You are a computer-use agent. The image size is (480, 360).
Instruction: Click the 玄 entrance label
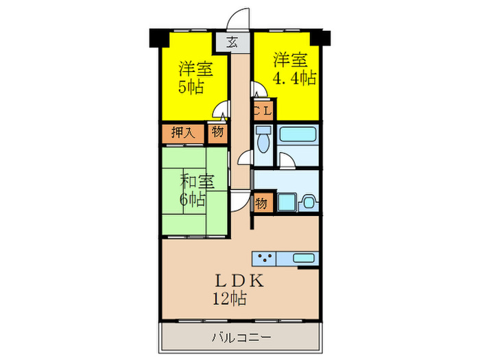pyautogui.click(x=232, y=42)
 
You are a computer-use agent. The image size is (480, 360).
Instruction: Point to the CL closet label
pyautogui.click(x=263, y=109)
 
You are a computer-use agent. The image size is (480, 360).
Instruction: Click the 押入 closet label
pyautogui.click(x=182, y=133)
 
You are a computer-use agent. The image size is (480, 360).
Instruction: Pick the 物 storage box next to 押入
pyautogui.click(x=217, y=133)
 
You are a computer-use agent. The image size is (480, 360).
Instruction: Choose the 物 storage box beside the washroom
pyautogui.click(x=262, y=204)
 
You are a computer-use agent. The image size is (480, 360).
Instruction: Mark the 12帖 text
pyautogui.click(x=229, y=299)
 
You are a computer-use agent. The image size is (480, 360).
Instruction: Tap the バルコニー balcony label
pyautogui.click(x=240, y=337)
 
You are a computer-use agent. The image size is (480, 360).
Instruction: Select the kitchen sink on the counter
pyautogui.click(x=303, y=259)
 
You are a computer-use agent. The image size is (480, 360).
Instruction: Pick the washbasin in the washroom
pyautogui.click(x=309, y=202)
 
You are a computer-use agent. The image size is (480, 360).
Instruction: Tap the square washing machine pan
pyautogui.click(x=286, y=203)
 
